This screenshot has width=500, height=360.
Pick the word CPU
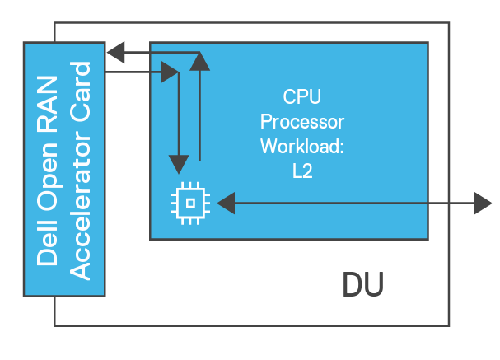[x=301, y=97]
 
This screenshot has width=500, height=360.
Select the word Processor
[x=301, y=122]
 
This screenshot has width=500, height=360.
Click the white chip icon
[x=190, y=202]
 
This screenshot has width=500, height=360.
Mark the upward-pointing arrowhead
[x=199, y=60]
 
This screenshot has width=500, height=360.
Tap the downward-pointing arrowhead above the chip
[x=175, y=158]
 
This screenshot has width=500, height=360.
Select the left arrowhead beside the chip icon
[x=224, y=202]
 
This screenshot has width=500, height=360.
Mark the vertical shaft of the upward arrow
[x=199, y=115]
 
